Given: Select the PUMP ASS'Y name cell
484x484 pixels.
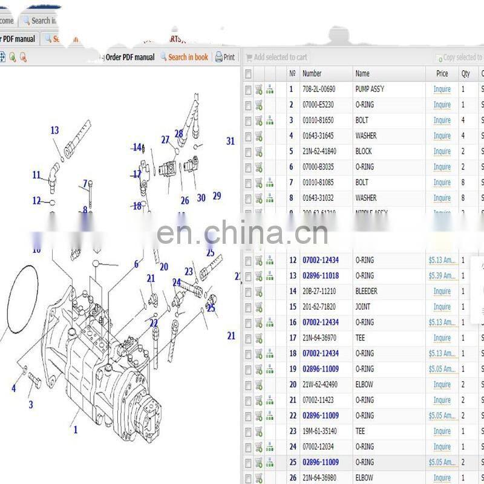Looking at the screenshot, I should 370,90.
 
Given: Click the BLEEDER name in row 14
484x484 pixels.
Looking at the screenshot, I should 366,292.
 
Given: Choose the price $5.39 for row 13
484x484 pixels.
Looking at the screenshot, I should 442,276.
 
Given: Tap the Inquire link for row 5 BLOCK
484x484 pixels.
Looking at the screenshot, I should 442,152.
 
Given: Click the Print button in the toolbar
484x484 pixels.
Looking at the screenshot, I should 225,57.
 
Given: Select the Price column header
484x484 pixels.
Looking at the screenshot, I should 442,74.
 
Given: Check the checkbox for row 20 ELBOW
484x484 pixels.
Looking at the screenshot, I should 248,385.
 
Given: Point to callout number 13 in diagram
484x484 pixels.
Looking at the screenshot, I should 54,130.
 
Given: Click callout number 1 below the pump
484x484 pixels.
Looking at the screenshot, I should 76,430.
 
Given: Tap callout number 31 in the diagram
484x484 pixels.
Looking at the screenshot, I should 231,141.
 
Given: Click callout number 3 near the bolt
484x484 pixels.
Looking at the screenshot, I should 31,405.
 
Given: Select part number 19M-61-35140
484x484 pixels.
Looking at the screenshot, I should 319,431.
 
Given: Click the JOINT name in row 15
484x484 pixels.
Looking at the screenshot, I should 363,307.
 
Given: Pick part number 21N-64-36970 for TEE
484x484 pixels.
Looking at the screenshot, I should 319,338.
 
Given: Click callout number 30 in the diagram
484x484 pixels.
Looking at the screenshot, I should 201,198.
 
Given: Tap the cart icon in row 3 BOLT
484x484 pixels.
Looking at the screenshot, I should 259,120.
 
